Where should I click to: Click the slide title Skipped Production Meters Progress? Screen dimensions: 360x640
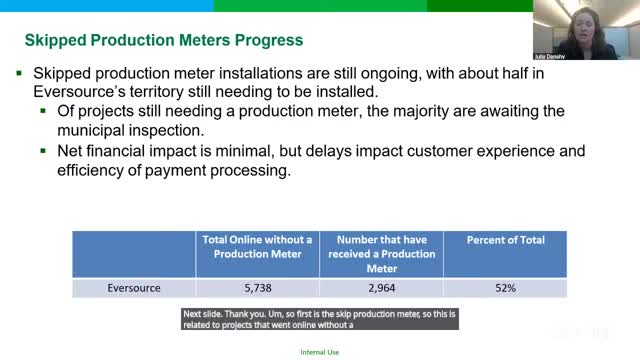(x=163, y=41)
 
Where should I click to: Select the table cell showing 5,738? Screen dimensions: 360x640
(x=257, y=288)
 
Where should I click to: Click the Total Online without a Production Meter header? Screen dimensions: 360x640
(x=257, y=247)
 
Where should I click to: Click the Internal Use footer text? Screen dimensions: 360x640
(x=319, y=353)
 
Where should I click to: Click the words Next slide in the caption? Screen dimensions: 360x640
(x=205, y=313)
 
